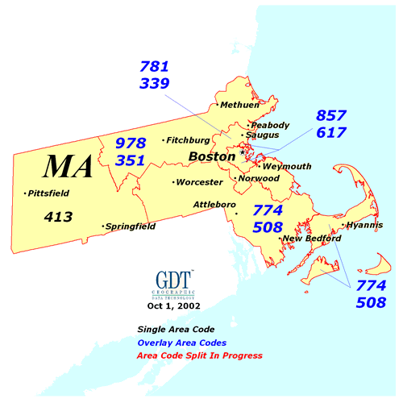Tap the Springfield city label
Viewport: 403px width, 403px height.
131,227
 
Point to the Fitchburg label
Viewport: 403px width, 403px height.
192,140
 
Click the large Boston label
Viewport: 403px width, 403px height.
212,156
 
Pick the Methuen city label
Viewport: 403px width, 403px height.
239,106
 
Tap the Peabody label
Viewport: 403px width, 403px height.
269,125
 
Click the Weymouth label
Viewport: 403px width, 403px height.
287,166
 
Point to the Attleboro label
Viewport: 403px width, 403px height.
214,205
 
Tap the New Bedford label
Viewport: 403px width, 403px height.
312,239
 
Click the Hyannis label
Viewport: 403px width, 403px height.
364,226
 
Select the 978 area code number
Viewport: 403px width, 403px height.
130,143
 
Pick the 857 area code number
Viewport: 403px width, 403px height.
331,115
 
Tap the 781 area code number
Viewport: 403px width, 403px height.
154,66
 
